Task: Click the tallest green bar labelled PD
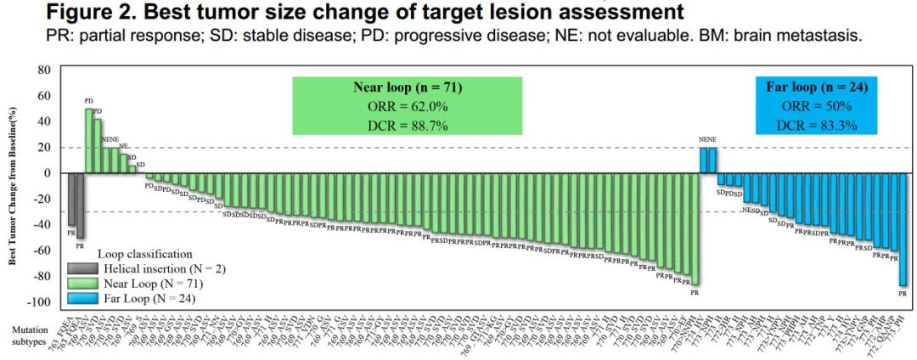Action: coord(88,140)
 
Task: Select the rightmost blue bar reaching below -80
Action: coord(903,229)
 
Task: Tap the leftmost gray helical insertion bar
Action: coord(71,199)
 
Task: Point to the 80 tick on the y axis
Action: coord(44,70)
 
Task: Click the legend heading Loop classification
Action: coord(143,254)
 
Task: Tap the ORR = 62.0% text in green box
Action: coord(407,107)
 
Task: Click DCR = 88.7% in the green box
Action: coord(407,126)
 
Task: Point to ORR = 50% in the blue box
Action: coord(817,107)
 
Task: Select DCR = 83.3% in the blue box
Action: coord(817,126)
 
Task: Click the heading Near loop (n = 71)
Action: coord(407,87)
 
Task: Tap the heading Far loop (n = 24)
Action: coord(817,87)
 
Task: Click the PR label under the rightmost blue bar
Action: coord(903,294)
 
